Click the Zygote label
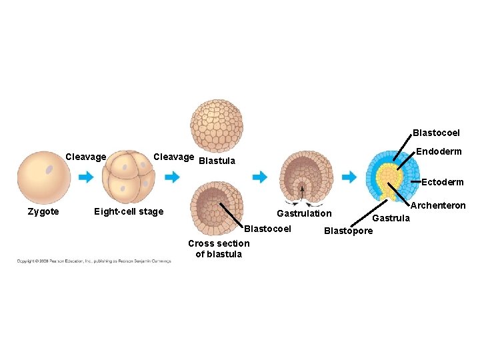coord(43,211)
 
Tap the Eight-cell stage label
coord(129,211)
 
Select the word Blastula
coord(217,161)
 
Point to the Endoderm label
coord(439,151)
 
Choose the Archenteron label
coord(438,206)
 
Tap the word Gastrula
coord(391,218)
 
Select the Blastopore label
coord(348,231)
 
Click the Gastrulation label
coord(304,213)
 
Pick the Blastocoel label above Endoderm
coord(436,133)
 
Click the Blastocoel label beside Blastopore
coord(268,229)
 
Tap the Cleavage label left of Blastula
coord(174,157)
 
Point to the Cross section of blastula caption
coord(219,248)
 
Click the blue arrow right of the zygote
coord(85,177)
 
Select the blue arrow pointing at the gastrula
coord(349,177)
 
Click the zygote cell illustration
coord(44,177)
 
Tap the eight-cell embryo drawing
coord(129,177)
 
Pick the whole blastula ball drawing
coord(217,127)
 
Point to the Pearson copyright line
coord(94,261)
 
